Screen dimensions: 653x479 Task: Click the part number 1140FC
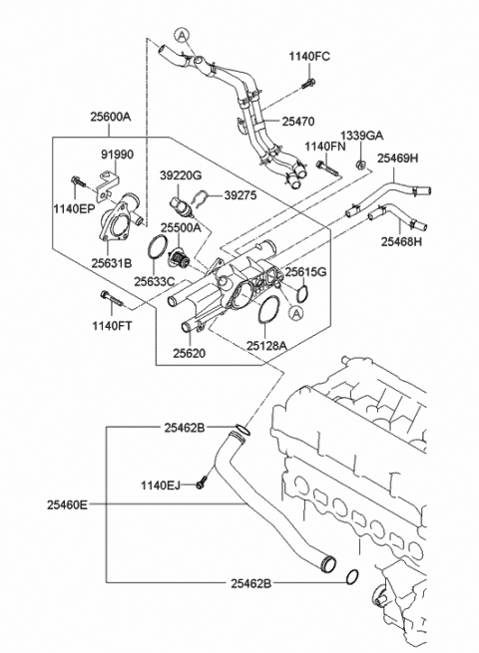click(309, 56)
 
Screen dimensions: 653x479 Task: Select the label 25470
click(298, 120)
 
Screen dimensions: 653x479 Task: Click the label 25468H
click(400, 240)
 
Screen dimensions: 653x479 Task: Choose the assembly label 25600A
click(112, 117)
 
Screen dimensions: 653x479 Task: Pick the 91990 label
click(119, 156)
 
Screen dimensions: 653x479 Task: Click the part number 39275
click(239, 196)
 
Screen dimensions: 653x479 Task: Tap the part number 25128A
click(266, 345)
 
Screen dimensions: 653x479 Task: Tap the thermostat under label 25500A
click(182, 261)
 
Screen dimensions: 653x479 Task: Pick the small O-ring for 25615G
click(302, 293)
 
